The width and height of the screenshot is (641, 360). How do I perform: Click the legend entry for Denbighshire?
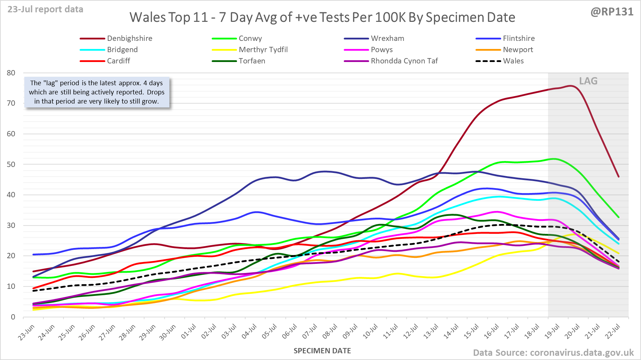pos(130,38)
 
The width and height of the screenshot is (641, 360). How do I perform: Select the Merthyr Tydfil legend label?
pos(263,50)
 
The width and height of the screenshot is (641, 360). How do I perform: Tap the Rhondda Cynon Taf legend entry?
pos(404,61)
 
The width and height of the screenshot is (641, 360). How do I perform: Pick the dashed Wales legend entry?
pos(513,61)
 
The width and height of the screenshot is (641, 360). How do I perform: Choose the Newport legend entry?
pos(518,50)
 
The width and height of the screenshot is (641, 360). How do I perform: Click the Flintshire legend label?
pos(518,38)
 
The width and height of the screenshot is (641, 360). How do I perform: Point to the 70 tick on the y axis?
pos(11,103)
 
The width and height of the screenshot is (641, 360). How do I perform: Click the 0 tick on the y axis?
pos(13,317)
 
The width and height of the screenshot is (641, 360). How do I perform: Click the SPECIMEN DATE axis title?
pos(322,351)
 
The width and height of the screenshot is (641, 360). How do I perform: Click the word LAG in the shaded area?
pos(588,81)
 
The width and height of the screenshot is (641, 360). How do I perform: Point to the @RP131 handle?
pos(612,12)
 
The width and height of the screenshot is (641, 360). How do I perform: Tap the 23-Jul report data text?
pos(45,9)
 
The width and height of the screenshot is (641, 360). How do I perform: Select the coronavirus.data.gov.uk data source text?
pos(581,353)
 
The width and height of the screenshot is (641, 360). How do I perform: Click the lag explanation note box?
pos(97,92)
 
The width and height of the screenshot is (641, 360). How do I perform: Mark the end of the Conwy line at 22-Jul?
pos(618,217)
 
